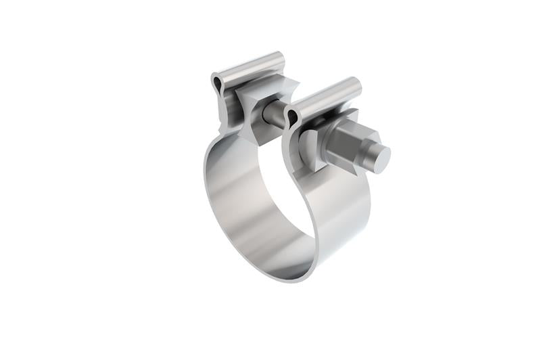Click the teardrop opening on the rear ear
pos(217,84)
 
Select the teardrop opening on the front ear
pos(292,118)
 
